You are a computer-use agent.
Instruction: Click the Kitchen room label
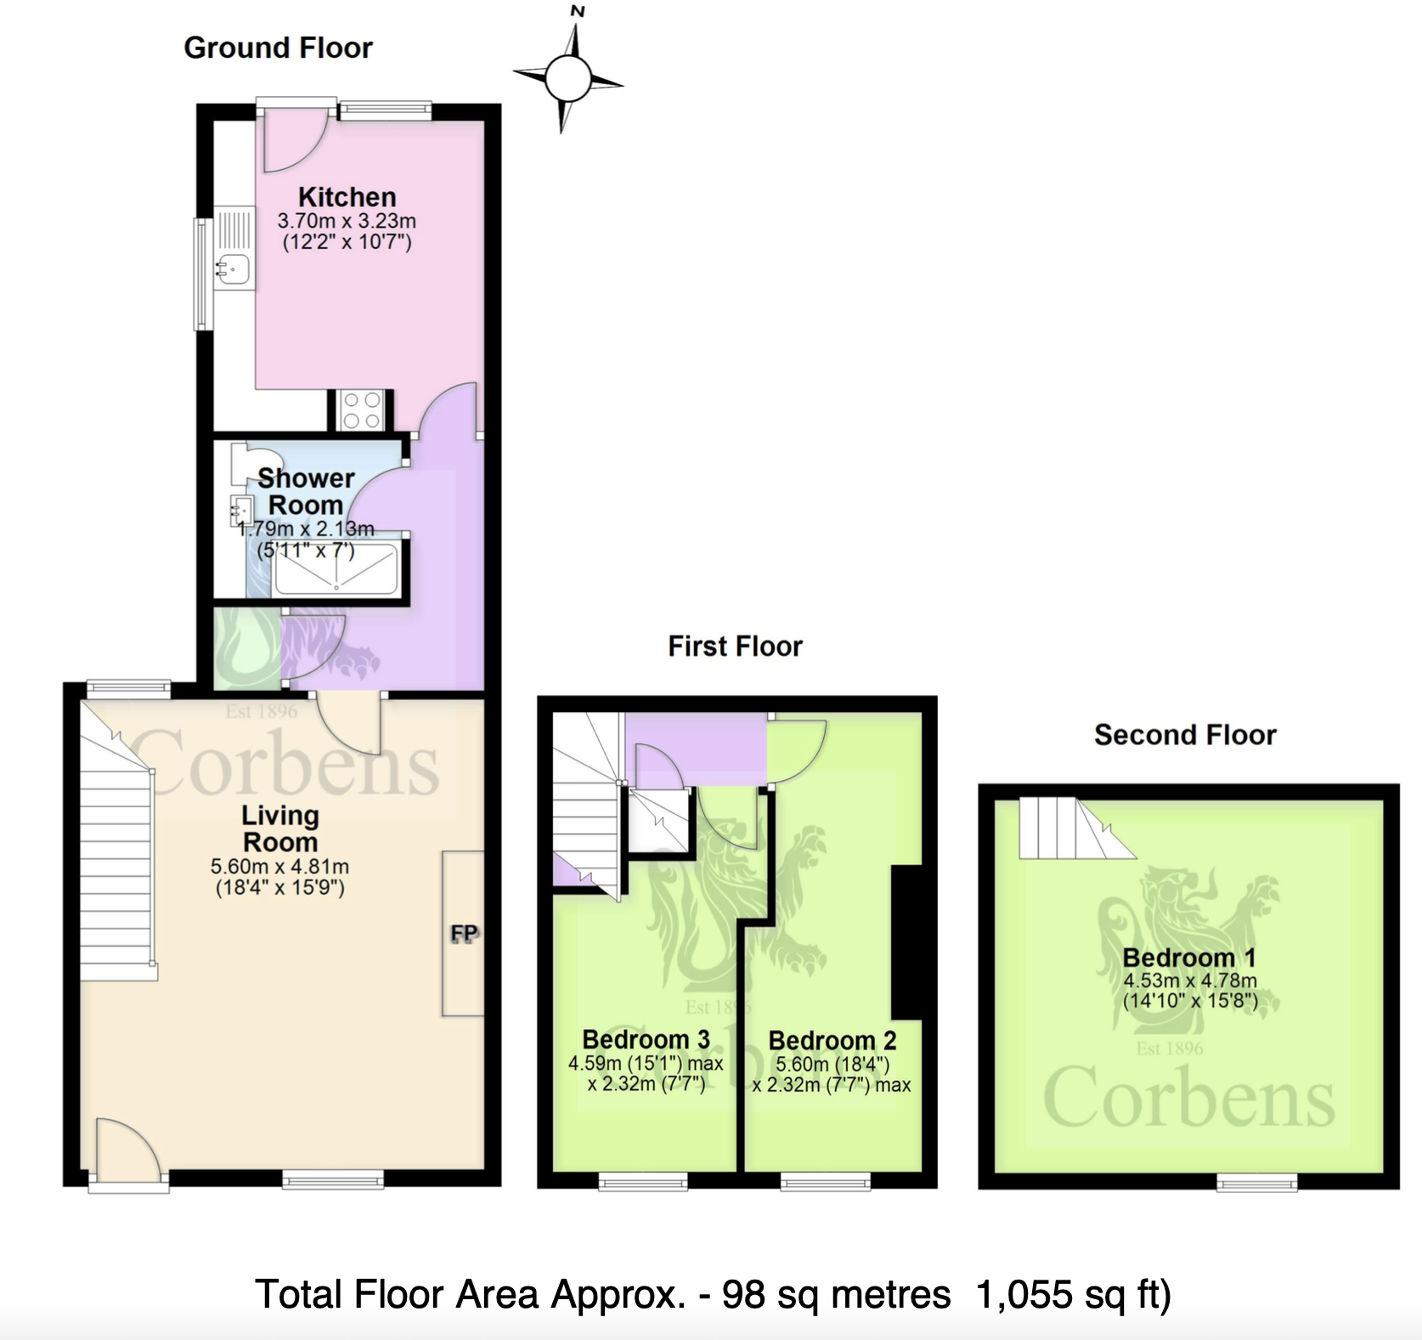(347, 197)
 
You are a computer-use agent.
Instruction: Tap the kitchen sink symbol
(233, 269)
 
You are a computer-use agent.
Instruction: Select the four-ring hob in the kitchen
(361, 410)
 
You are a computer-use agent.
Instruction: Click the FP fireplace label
(464, 934)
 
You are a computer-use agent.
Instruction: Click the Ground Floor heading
(278, 48)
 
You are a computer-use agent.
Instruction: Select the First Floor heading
(735, 647)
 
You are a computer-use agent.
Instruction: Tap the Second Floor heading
(1184, 735)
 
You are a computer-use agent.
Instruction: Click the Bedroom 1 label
(1188, 958)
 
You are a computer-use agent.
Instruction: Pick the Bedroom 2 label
(832, 1040)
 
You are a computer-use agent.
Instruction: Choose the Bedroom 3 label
(646, 1039)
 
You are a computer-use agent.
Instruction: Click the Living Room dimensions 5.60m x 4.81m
(279, 868)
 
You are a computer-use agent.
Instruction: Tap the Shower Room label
(305, 491)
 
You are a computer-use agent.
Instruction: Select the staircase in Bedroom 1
(1070, 828)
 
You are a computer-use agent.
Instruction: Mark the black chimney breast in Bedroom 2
(906, 941)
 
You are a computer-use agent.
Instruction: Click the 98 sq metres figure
(836, 1295)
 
